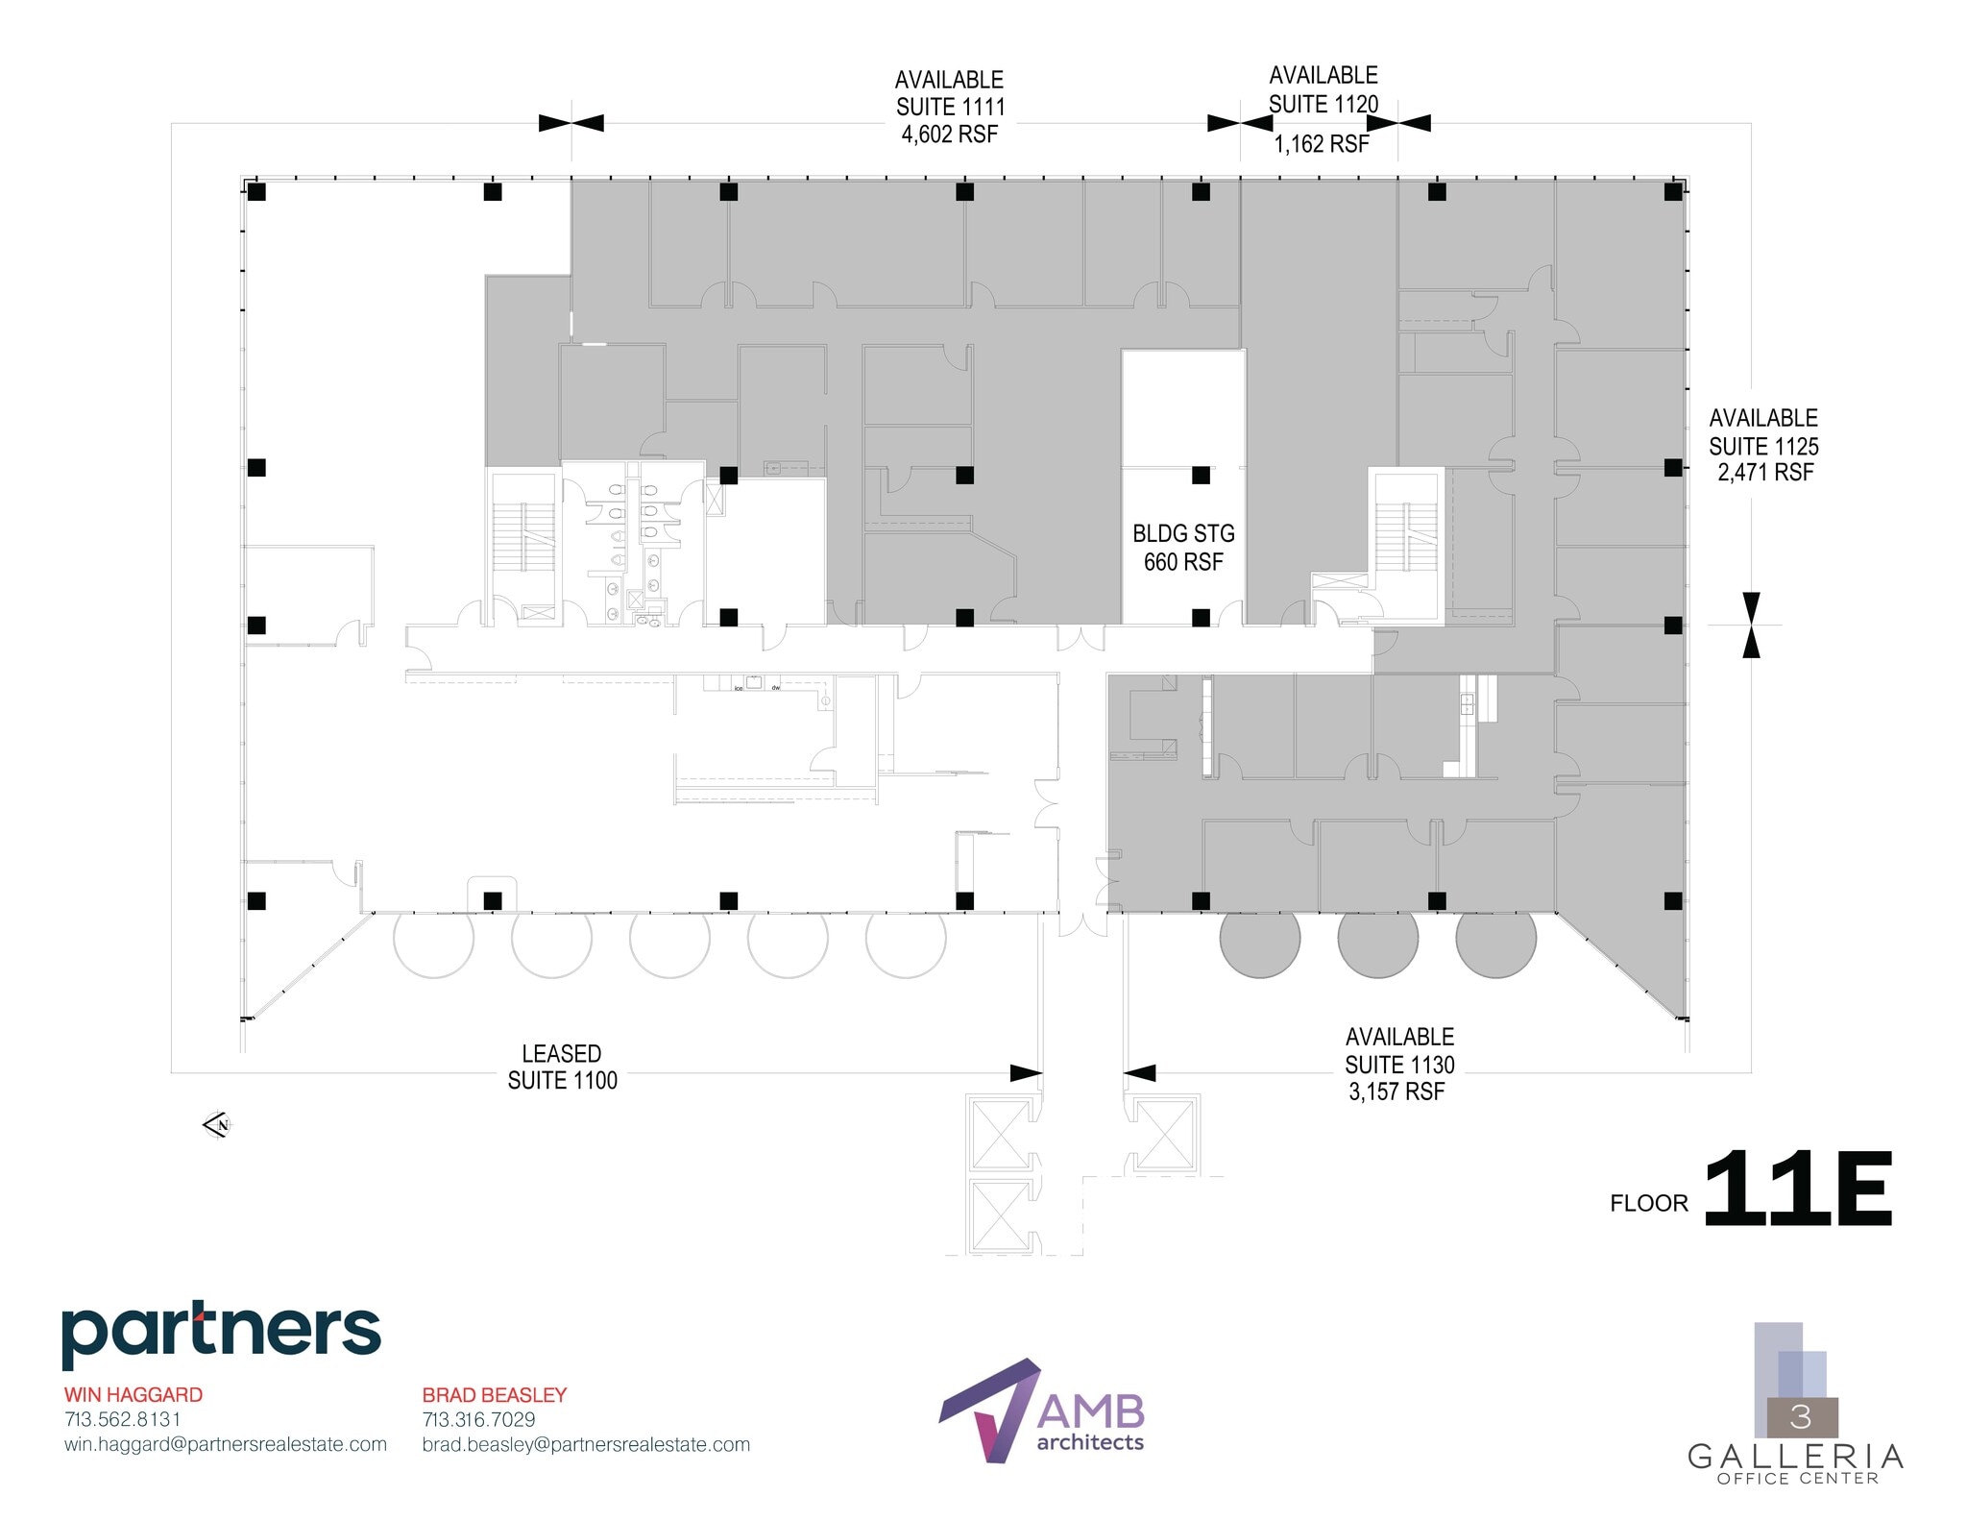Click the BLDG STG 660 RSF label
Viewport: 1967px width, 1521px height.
point(1182,548)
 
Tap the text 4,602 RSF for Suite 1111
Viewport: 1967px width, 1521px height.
point(949,135)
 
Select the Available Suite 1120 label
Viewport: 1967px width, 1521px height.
point(1323,89)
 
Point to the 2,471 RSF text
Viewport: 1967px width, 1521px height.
point(1765,473)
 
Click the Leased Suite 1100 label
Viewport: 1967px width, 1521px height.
point(562,1067)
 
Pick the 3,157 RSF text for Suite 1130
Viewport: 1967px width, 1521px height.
point(1396,1092)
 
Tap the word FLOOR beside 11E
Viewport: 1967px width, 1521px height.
point(1648,1203)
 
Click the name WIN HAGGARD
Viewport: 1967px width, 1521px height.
point(134,1394)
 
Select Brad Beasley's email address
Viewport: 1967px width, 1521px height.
point(586,1444)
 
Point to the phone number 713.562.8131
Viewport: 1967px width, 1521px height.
point(123,1419)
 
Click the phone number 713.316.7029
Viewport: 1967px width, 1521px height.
point(478,1419)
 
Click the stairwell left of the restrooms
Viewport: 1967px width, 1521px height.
point(523,538)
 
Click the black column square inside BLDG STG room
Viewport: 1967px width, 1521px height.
point(1201,475)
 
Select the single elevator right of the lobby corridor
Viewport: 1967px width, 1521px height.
point(1164,1134)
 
